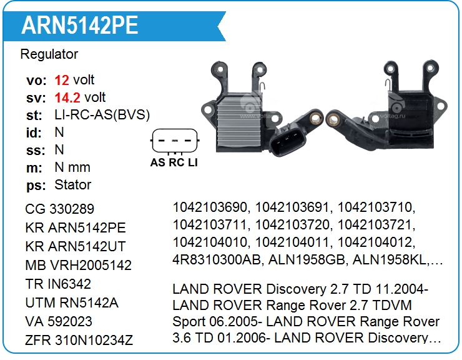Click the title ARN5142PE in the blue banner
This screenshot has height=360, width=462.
tap(80, 24)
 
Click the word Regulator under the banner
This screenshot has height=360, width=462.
tap(49, 54)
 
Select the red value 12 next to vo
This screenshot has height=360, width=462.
tap(62, 80)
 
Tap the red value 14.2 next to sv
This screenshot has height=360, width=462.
tap(68, 97)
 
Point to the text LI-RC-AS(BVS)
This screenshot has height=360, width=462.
tap(102, 115)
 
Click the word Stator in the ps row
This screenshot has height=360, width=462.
tap(72, 185)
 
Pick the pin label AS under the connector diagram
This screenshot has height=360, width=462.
tap(158, 163)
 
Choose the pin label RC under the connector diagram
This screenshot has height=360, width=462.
tap(176, 163)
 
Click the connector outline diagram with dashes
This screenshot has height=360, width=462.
tap(174, 141)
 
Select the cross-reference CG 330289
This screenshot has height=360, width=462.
tap(60, 209)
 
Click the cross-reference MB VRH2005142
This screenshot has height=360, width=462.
tap(79, 265)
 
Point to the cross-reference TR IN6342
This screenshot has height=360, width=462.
tap(58, 284)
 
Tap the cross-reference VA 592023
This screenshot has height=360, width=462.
tap(59, 321)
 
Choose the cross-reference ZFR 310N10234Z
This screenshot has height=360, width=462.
tap(79, 340)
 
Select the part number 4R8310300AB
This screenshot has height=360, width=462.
tap(211, 259)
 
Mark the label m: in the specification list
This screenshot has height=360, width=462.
tap(34, 167)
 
